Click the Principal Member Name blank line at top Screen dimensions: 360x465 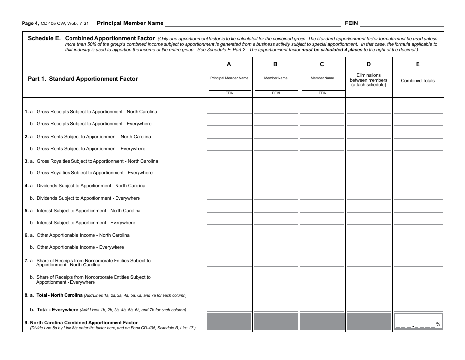252,24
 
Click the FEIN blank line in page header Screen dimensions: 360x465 401,24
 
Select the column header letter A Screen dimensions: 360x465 229,64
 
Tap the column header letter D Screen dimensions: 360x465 369,64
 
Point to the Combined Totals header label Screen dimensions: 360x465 418,81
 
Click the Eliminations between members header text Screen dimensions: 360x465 369,80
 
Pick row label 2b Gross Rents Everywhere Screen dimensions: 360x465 91,149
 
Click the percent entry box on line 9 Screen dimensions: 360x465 418,322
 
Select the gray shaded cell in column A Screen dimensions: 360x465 229,322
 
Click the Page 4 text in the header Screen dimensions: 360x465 30,24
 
